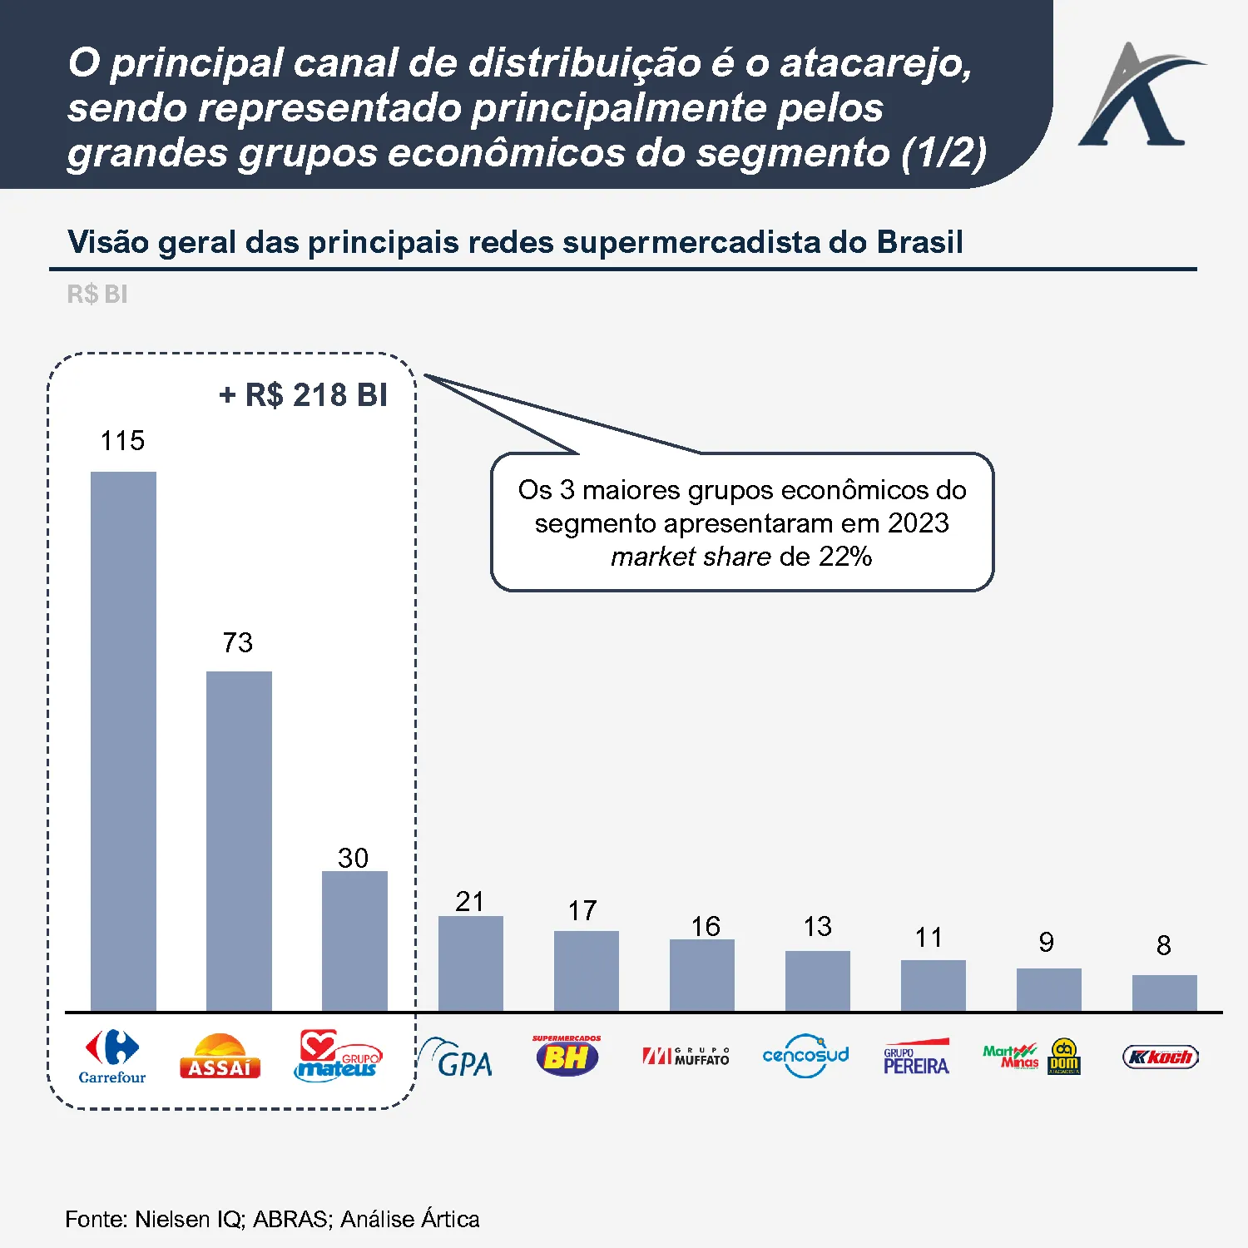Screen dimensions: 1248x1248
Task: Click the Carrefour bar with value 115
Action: pyautogui.click(x=123, y=740)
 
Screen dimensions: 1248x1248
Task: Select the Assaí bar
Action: pyautogui.click(x=239, y=840)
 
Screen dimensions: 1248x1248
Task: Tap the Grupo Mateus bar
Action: pyautogui.click(x=354, y=940)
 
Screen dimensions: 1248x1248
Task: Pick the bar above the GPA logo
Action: pyautogui.click(x=470, y=963)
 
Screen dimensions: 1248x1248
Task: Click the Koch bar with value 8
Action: pyautogui.click(x=1164, y=993)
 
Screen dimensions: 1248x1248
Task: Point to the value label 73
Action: pyautogui.click(x=237, y=642)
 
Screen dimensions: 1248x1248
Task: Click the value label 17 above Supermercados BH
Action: pyautogui.click(x=582, y=910)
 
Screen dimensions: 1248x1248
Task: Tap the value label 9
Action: pyautogui.click(x=1047, y=942)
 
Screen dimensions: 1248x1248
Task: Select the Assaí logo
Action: pyautogui.click(x=220, y=1057)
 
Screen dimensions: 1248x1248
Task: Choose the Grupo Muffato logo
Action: pyautogui.click(x=686, y=1057)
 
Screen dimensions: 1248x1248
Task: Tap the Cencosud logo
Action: pyautogui.click(x=805, y=1056)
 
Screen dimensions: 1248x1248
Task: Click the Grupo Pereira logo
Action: pyautogui.click(x=916, y=1057)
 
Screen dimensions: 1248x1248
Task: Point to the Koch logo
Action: pyautogui.click(x=1161, y=1057)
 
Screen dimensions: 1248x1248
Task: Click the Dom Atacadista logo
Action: pyautogui.click(x=1064, y=1057)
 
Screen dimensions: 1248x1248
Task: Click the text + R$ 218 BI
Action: pyautogui.click(x=303, y=395)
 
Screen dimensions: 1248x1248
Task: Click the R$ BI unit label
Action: pyautogui.click(x=97, y=294)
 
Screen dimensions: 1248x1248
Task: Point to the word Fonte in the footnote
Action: pyautogui.click(x=94, y=1219)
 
